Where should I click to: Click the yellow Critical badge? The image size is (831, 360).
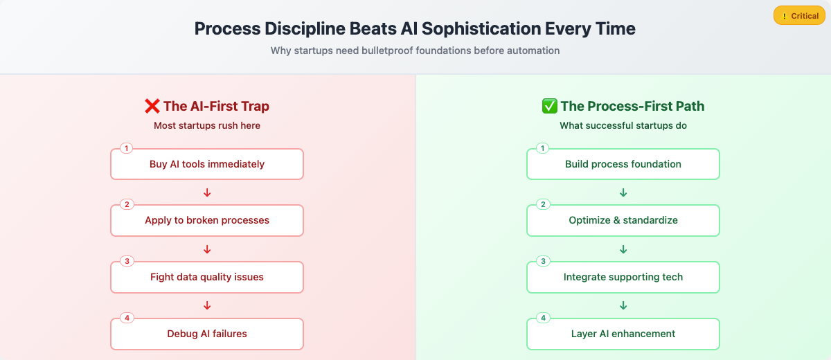799,15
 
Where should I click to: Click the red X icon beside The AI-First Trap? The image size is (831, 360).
152,106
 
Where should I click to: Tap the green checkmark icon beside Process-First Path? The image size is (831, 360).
549,106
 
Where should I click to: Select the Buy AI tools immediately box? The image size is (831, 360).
207,164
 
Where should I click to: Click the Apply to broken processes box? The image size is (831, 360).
207,220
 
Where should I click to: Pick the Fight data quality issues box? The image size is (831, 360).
207,277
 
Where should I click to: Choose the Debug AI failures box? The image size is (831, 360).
207,334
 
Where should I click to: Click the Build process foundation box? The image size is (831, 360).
623,164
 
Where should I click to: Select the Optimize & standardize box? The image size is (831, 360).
623,220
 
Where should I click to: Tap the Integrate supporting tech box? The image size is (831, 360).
623,277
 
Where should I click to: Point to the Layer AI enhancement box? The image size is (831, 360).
623,334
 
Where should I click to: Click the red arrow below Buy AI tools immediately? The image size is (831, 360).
207,192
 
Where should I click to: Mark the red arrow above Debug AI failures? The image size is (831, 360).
207,305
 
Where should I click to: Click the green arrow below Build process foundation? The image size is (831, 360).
623,192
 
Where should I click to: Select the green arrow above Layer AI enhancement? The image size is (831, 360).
623,305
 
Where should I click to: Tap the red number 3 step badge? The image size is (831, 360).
127,262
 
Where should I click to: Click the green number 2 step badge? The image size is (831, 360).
543,205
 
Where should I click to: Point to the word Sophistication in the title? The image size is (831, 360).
481,29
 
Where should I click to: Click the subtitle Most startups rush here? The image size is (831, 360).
207,126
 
